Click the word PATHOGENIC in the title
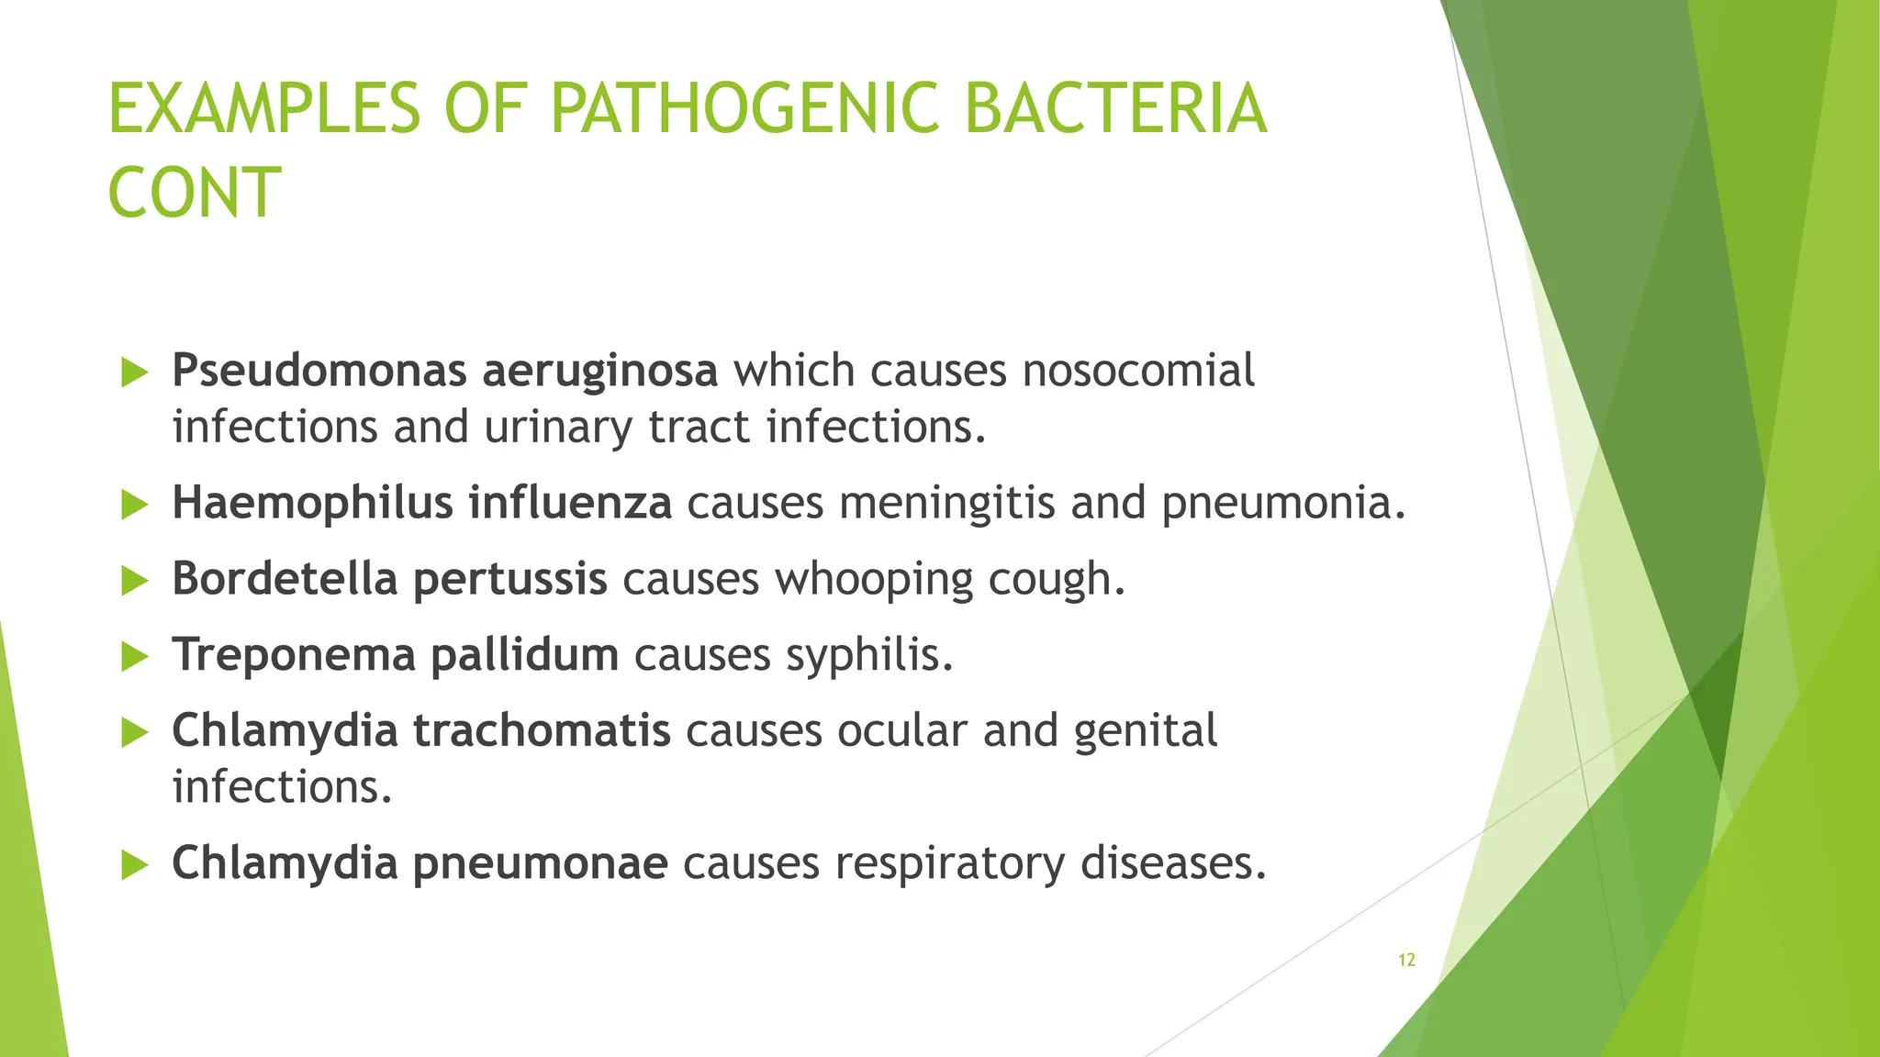point(744,108)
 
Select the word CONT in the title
point(194,193)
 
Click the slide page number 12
point(1406,960)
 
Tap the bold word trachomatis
point(542,730)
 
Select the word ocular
point(902,730)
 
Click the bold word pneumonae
point(540,863)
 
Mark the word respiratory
point(949,863)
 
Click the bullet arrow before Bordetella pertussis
point(135,581)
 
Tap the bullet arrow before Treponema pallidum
point(135,657)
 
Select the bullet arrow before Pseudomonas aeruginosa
point(135,373)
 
